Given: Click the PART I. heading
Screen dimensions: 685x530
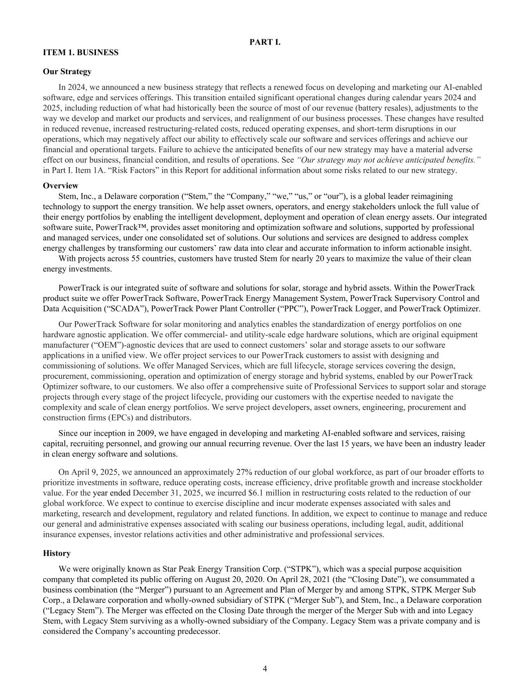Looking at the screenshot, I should point(265,42).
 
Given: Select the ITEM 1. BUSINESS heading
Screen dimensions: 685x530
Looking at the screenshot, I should point(81,53).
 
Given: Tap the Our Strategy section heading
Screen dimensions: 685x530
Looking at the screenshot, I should point(67,72).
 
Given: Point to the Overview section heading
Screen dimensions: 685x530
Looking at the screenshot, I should point(60,186).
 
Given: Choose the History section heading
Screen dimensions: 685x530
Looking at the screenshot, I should point(57,553).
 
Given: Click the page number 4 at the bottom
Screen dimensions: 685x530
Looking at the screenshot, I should point(265,668).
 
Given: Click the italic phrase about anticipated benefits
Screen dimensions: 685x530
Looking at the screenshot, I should point(389,160).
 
